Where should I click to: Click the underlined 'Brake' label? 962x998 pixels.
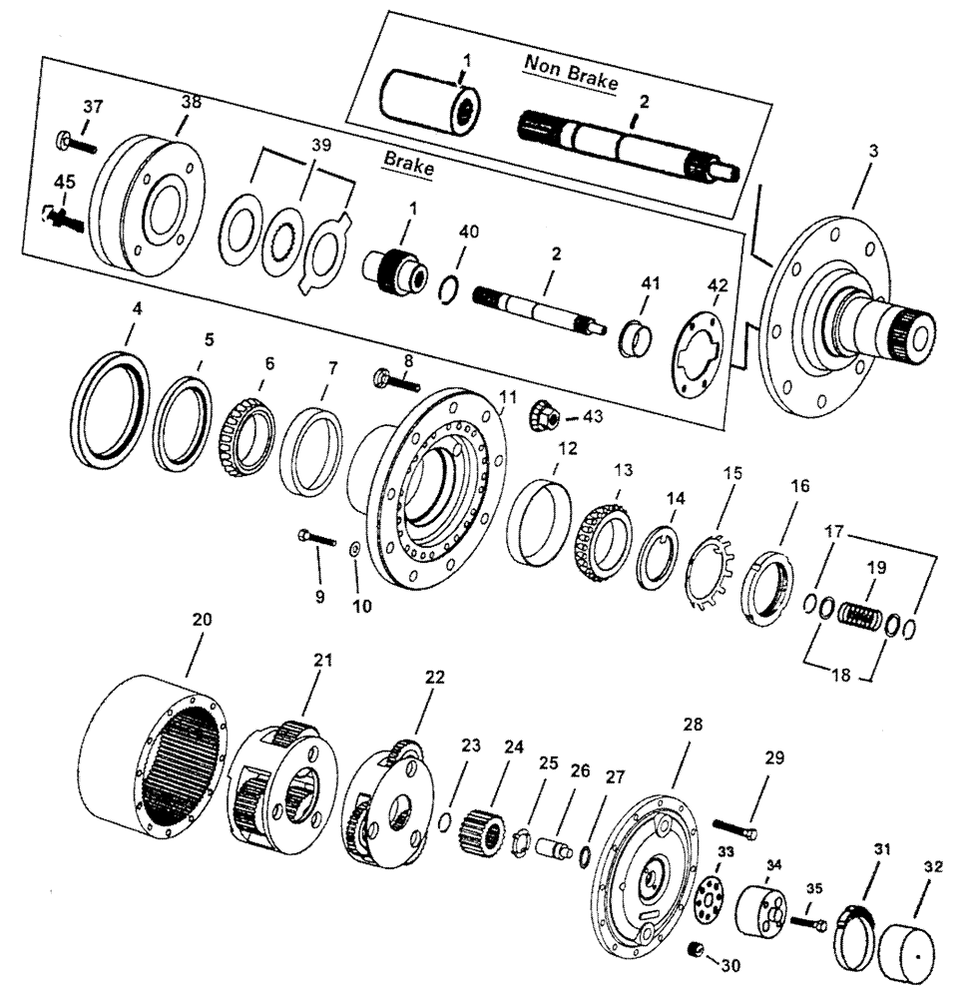pos(409,168)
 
